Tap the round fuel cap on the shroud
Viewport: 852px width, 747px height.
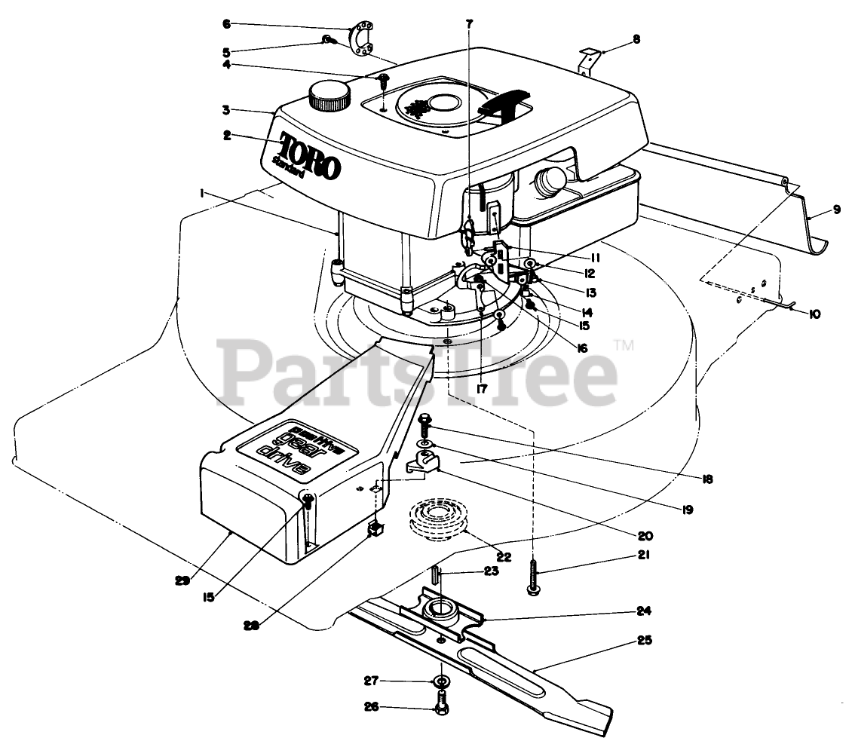[329, 96]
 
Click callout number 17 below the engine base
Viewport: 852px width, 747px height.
[481, 389]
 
